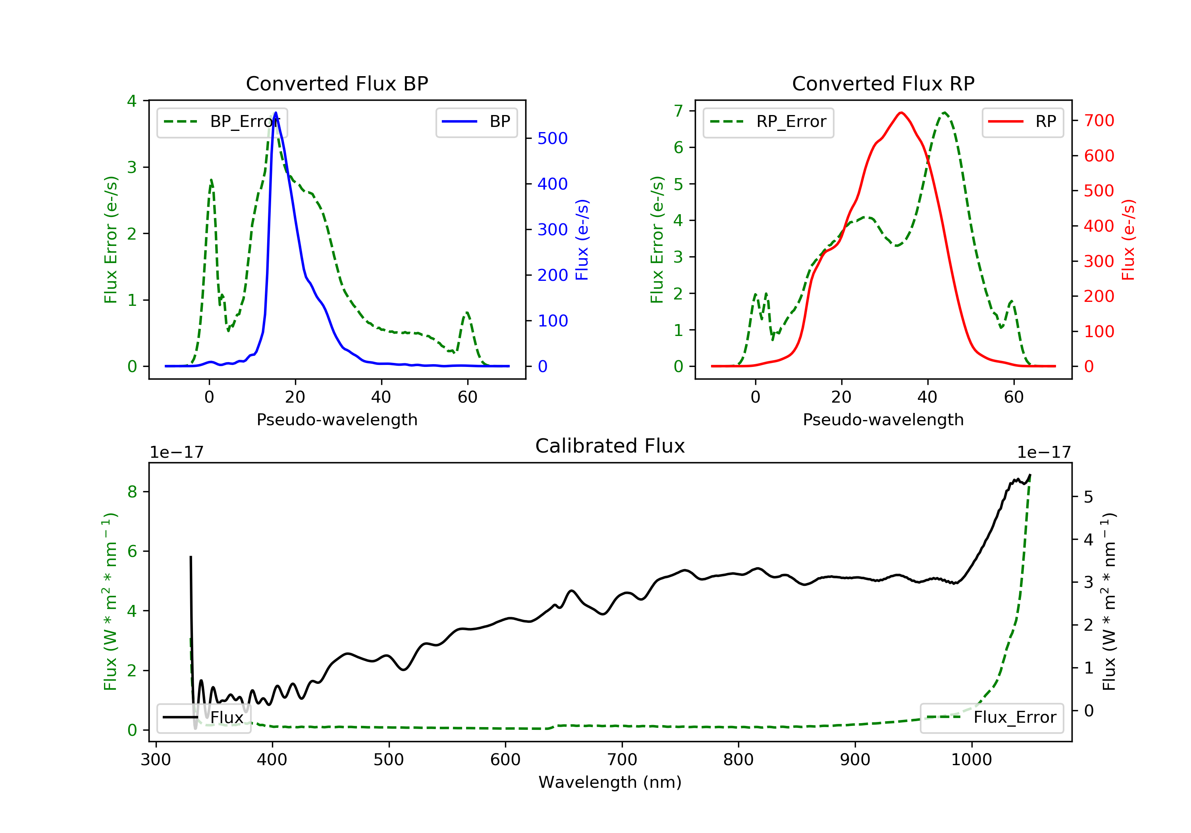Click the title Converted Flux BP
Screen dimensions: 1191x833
point(337,83)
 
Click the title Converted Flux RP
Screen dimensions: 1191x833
point(883,83)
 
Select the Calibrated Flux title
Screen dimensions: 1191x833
point(610,446)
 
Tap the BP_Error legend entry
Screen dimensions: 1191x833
point(222,122)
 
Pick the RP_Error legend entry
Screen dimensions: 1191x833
point(768,122)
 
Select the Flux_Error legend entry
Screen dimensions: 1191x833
point(992,718)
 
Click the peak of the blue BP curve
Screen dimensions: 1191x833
point(276,113)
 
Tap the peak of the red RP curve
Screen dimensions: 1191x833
point(902,113)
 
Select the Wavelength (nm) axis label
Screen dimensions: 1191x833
point(610,782)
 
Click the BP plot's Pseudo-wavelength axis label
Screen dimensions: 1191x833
point(337,419)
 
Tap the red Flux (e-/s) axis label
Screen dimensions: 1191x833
point(1128,240)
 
